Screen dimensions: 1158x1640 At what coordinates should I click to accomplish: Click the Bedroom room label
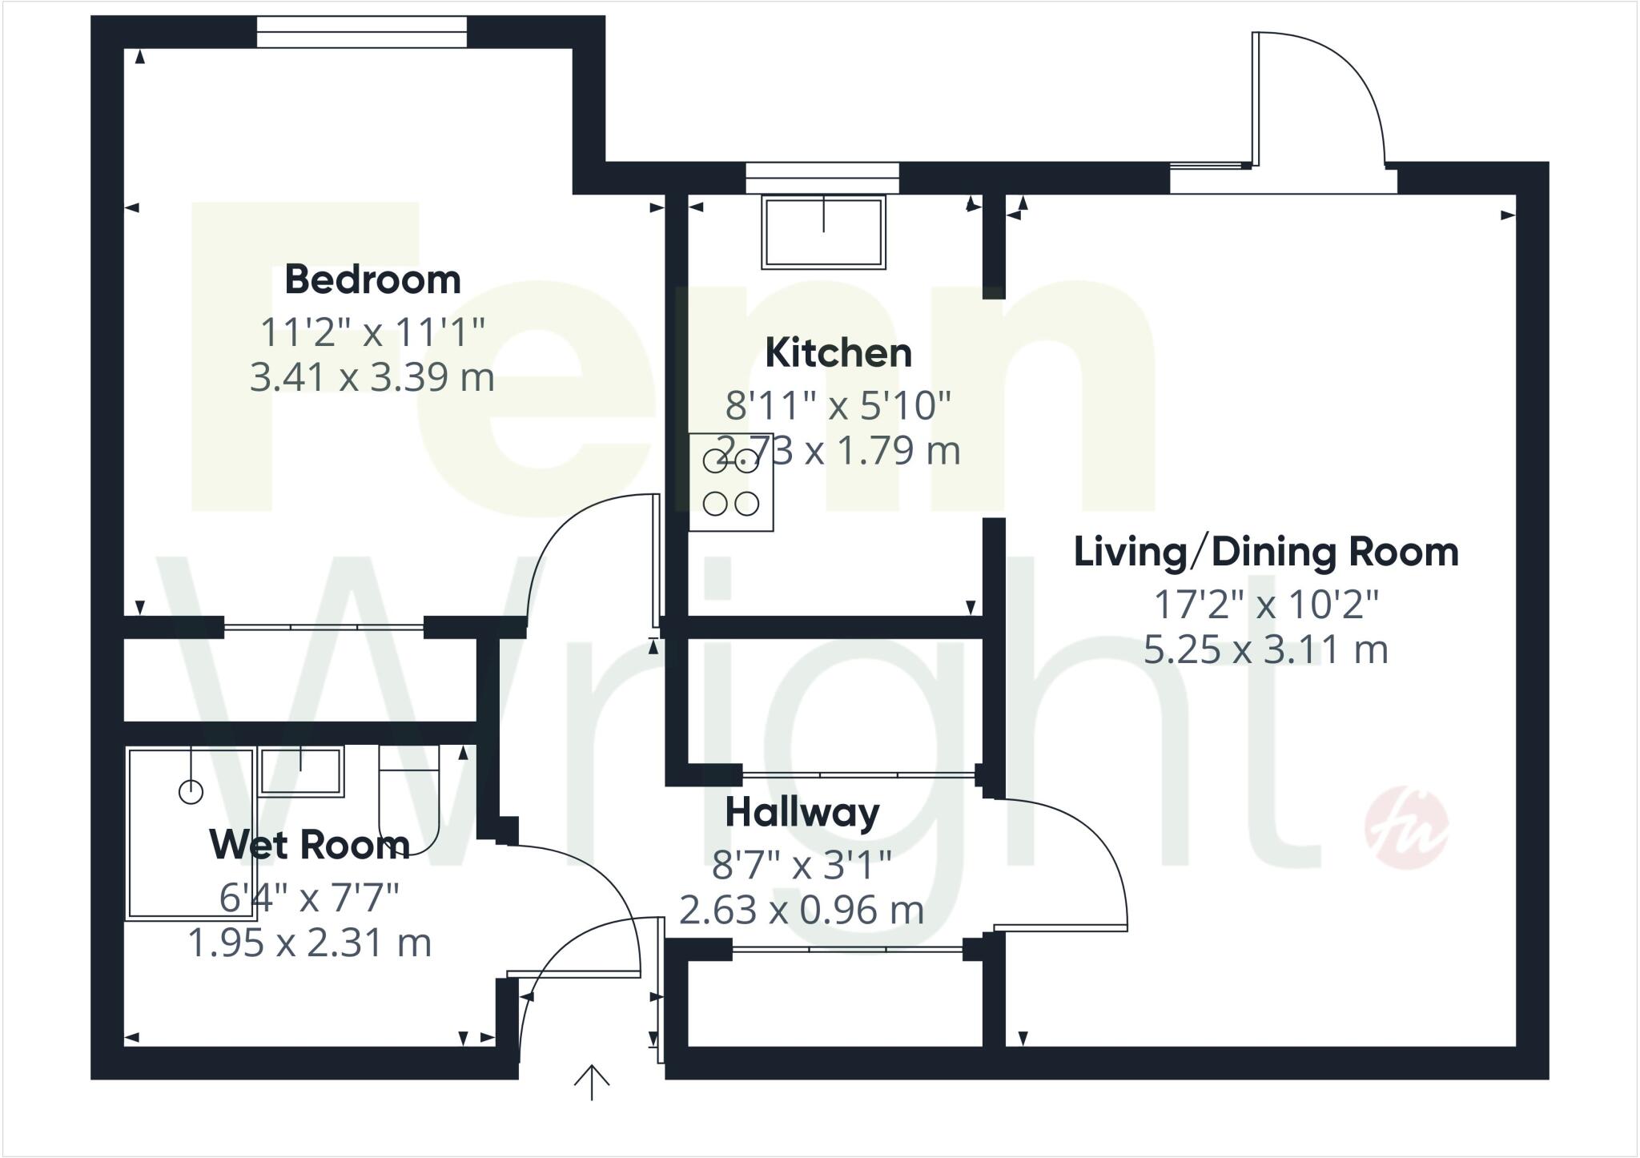372,280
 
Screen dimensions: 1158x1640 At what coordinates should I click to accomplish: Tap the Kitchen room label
838,353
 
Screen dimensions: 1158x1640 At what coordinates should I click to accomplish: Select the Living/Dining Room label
1265,553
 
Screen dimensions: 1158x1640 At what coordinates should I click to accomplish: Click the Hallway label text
802,814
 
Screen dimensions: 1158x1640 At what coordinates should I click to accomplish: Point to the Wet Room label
309,845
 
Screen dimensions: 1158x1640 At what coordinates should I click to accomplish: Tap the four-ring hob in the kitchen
731,482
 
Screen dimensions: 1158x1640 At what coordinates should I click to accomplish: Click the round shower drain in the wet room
191,792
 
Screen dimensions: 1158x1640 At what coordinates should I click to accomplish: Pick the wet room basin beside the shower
301,771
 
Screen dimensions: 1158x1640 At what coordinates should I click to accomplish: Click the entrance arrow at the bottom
592,1083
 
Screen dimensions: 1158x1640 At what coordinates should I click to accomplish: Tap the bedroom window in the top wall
361,32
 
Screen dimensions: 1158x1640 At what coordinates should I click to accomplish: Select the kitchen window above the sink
822,177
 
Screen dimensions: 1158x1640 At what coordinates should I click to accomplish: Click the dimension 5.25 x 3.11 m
1265,649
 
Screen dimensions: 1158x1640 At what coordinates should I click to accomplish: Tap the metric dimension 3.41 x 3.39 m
372,377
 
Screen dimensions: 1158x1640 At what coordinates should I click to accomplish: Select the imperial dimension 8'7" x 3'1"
802,865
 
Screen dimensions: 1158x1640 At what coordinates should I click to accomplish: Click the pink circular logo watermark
1406,830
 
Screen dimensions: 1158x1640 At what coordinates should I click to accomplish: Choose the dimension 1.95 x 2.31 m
309,943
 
